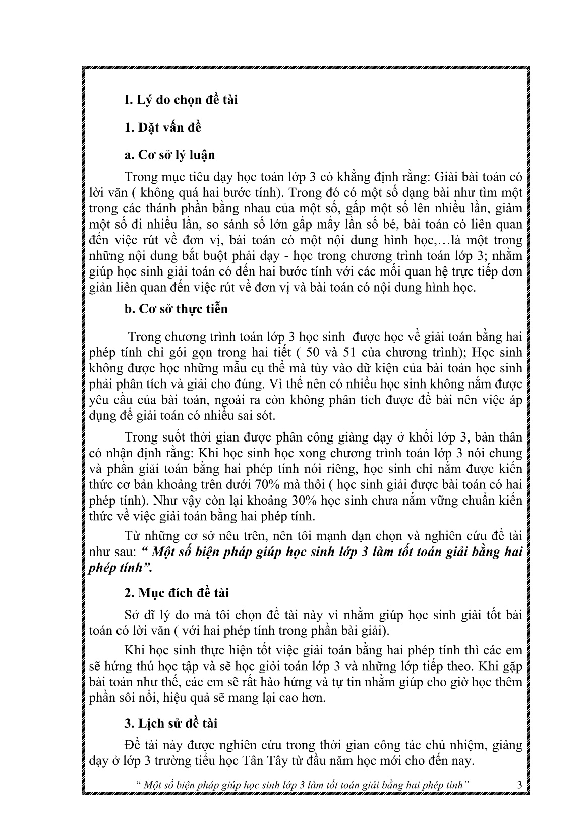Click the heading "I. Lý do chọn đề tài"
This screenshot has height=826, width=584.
tap(181, 100)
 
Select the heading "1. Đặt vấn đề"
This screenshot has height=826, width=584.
tap(163, 127)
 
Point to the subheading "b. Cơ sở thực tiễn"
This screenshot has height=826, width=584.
tap(176, 309)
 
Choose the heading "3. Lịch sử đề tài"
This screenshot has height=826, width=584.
tap(170, 723)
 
